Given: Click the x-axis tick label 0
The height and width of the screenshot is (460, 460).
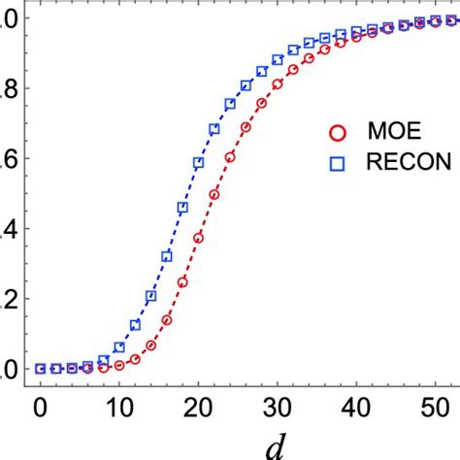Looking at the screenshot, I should point(40,405).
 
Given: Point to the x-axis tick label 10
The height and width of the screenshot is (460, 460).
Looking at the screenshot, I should point(118,405).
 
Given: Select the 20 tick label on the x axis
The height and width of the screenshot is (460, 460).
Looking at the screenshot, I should point(198,405).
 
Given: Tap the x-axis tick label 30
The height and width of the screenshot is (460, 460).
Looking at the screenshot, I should point(278,405).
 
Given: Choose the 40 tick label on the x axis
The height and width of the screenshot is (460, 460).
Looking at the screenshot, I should point(357,405).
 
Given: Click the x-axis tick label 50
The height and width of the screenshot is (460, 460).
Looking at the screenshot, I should point(436,405).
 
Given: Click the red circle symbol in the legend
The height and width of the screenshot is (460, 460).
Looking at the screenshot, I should point(337,131).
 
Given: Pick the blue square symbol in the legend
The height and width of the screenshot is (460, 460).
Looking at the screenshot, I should point(337,163).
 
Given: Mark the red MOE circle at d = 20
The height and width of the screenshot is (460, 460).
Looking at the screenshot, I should point(198,237).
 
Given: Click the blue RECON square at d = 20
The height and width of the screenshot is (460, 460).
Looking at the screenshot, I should point(198,163).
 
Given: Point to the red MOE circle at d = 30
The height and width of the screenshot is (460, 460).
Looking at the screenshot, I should point(278,83).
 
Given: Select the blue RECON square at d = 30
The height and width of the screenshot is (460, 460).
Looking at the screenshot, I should point(278,59).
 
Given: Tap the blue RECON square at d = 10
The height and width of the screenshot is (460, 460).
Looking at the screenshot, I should point(119,346).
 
